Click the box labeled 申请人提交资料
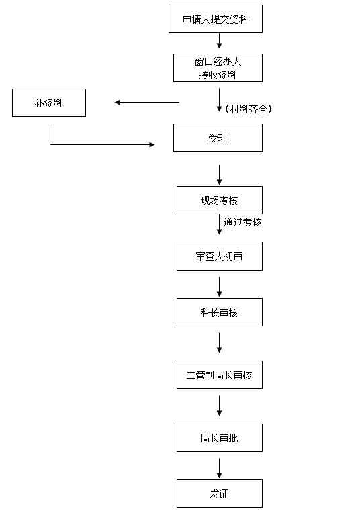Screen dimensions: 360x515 tap(216, 19)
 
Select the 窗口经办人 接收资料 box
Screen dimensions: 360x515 tap(218, 68)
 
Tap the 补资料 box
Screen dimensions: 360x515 tap(49, 103)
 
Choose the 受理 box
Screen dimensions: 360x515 tap(218, 138)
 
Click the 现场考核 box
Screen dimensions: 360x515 tap(220, 200)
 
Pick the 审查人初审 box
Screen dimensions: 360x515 tap(220, 256)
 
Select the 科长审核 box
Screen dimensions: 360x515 tap(220, 312)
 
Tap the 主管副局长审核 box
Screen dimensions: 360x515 tap(220, 375)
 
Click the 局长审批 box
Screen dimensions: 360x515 tap(220, 438)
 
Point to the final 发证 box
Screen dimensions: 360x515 tap(220, 494)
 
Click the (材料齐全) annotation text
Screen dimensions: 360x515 tap(249, 109)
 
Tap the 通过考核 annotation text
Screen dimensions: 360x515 tap(242, 222)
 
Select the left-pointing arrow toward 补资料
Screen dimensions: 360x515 tap(147, 103)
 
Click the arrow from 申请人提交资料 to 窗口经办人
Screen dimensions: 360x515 tap(219, 41)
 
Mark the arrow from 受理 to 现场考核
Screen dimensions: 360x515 tap(219, 175)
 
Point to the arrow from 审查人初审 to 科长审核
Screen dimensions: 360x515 tap(219, 287)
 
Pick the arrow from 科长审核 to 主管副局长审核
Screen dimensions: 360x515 tap(219, 342)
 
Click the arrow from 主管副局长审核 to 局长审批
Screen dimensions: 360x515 tap(219, 406)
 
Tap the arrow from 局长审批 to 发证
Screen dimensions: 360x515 tap(219, 469)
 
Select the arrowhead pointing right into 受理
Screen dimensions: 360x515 tap(152, 144)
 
